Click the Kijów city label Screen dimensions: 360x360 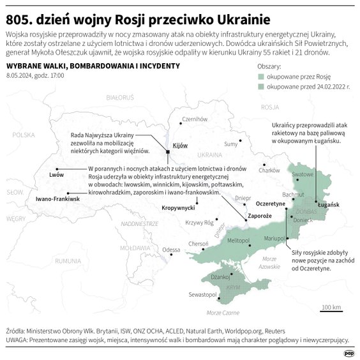(181, 146)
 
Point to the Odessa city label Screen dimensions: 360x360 (171, 250)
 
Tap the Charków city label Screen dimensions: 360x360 (269, 169)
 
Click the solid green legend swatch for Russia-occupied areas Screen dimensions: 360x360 (260, 75)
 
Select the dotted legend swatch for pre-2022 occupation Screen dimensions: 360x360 (260, 86)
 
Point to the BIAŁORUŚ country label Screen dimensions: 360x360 (119, 98)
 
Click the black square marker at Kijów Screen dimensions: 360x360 (168, 152)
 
